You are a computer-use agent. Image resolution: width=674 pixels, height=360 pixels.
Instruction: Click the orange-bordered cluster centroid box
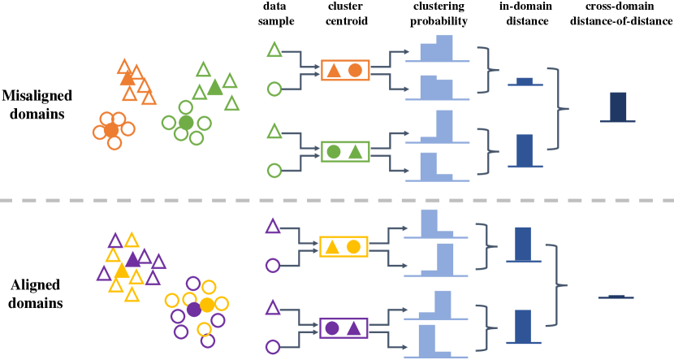point(344,71)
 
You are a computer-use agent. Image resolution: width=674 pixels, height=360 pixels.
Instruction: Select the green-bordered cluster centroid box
point(344,151)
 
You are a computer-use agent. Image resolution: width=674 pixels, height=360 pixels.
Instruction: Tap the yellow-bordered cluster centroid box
point(343,246)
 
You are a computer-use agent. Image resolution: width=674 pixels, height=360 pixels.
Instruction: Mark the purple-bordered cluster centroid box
point(343,328)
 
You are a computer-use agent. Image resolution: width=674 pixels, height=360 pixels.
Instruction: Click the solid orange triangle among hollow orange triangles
point(127,79)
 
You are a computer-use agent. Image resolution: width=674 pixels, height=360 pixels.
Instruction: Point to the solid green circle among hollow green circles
point(185,123)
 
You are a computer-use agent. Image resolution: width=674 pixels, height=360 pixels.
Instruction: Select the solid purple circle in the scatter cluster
point(193,310)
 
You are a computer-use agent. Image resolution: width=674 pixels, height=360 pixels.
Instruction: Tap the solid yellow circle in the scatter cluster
point(207,305)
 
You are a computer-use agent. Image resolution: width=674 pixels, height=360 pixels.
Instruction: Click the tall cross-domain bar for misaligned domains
point(618,106)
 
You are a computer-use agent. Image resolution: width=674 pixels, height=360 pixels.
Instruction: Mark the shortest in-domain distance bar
point(525,81)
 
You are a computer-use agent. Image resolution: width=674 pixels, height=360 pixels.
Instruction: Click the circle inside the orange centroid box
point(355,71)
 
